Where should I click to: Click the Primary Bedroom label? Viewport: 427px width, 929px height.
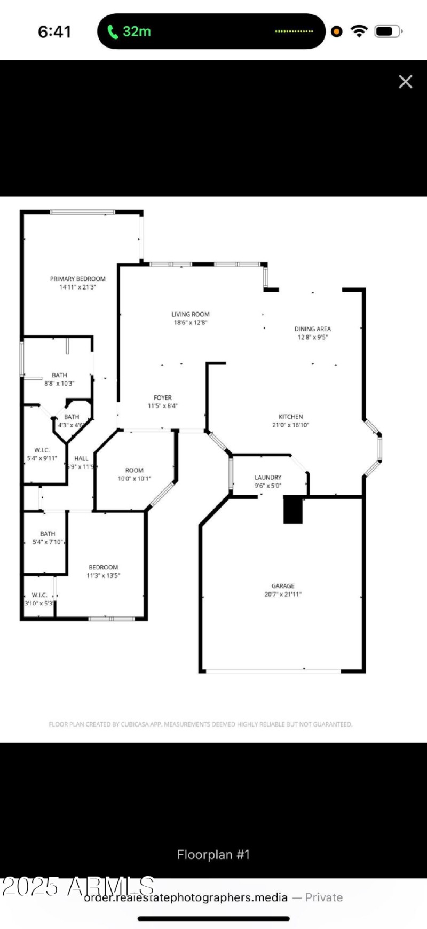[78, 279]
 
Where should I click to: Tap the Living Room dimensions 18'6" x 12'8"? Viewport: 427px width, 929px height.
[191, 323]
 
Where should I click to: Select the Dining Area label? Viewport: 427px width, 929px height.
[313, 329]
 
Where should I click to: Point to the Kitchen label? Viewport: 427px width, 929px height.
[291, 417]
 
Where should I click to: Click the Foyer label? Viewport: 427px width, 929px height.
[163, 398]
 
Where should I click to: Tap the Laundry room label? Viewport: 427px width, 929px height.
[268, 478]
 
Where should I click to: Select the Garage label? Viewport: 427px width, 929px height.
[283, 586]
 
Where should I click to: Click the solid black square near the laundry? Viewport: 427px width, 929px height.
[293, 509]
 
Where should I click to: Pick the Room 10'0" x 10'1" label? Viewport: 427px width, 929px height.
[135, 474]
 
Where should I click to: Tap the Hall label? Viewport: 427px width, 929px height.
[81, 458]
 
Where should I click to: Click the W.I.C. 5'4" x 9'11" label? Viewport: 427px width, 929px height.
[42, 455]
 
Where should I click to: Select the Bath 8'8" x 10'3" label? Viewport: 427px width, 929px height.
[59, 379]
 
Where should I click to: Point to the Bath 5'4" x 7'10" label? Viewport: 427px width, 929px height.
[48, 537]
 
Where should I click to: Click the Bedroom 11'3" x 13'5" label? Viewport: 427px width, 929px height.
[104, 571]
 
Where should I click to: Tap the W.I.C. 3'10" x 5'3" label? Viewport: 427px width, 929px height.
[39, 599]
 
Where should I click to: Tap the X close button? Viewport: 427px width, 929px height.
[406, 82]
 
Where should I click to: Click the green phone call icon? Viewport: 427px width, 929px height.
[113, 32]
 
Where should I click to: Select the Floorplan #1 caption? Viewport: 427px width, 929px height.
[213, 855]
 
